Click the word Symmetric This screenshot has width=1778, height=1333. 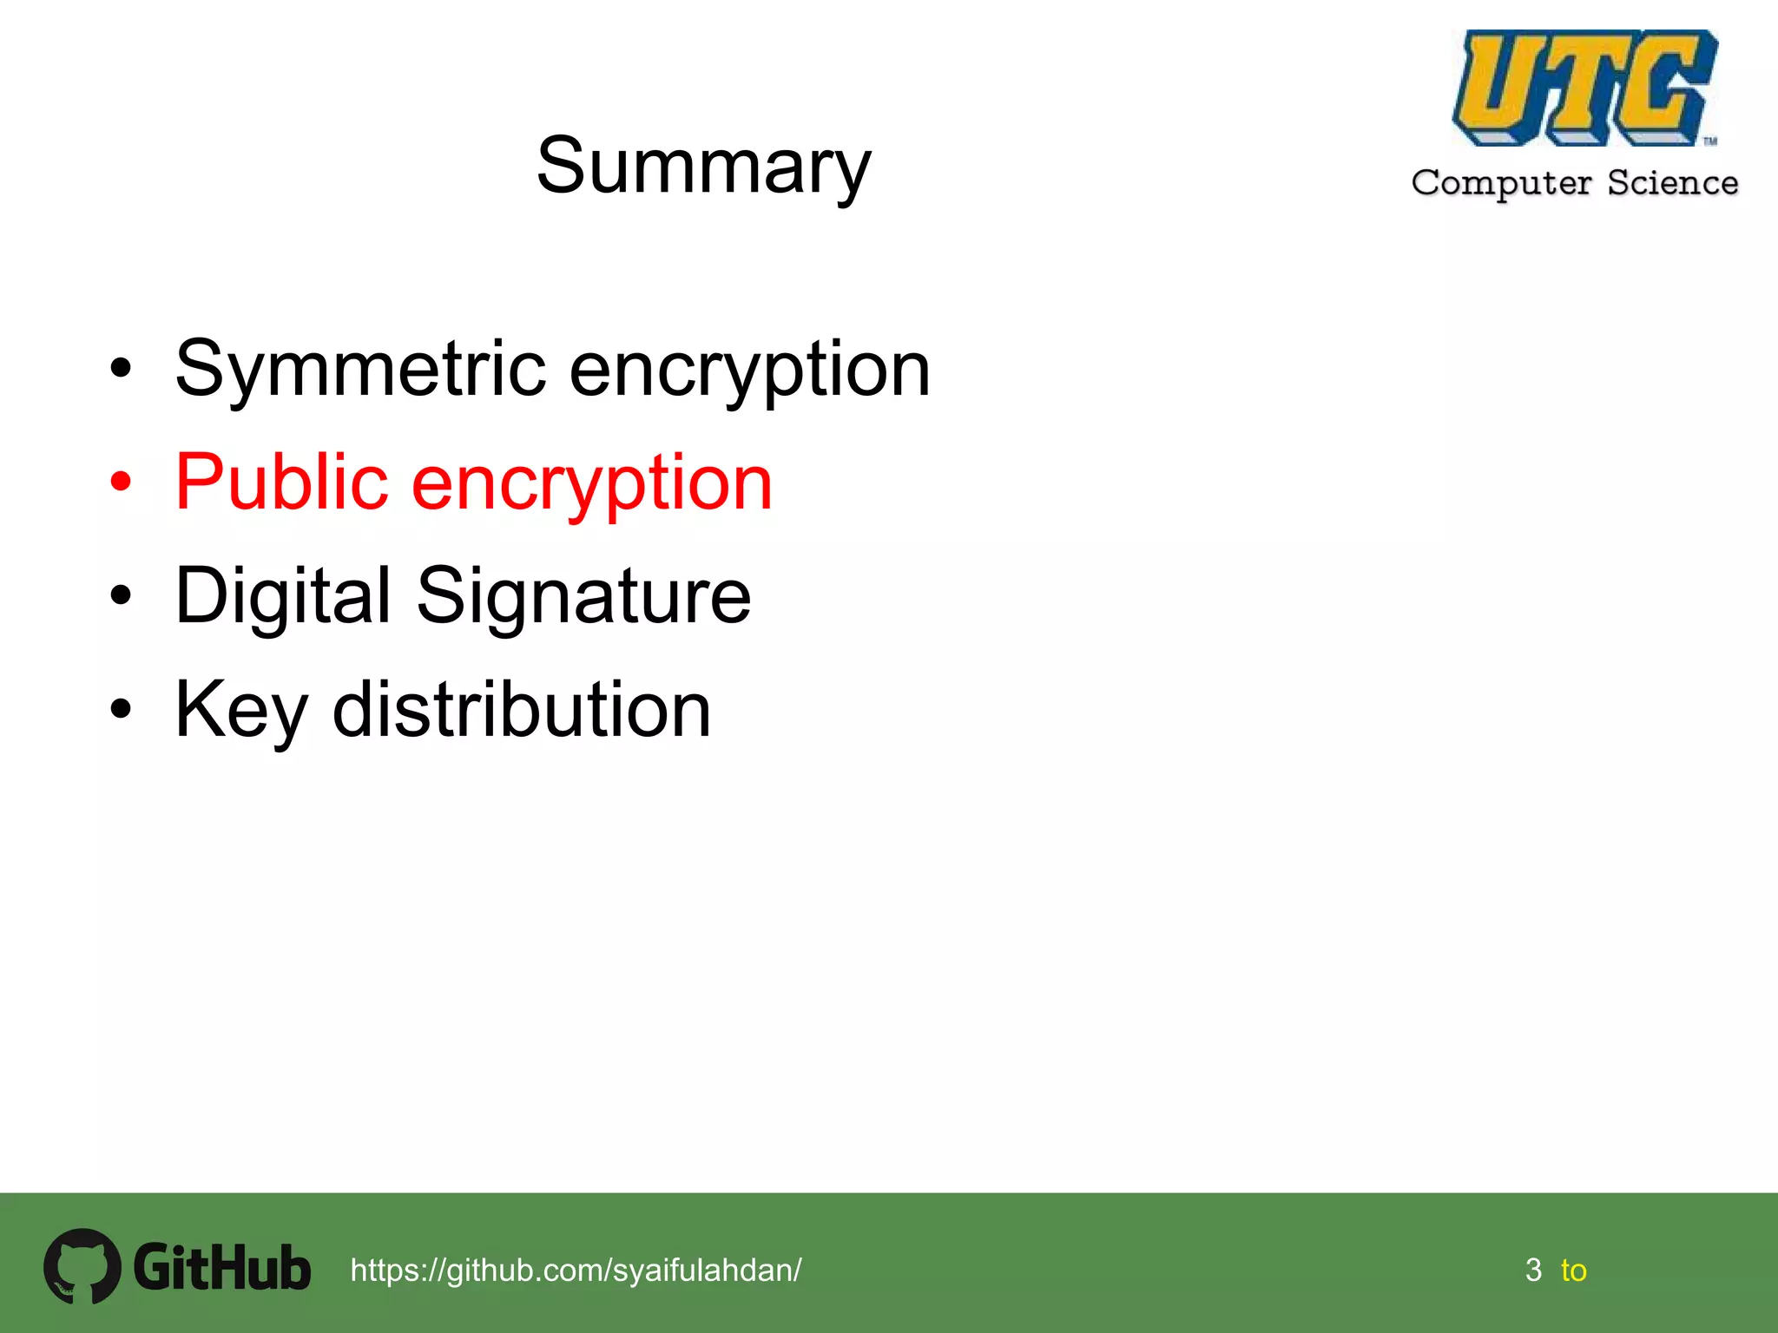click(x=360, y=370)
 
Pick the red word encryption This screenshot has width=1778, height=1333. click(x=591, y=484)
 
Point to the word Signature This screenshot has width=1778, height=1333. click(x=583, y=597)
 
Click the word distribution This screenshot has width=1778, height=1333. click(x=522, y=710)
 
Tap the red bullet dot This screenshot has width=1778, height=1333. click(x=121, y=482)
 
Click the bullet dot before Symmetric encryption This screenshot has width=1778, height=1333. click(x=121, y=368)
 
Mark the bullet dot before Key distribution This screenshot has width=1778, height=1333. click(x=121, y=709)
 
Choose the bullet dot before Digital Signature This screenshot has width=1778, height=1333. click(x=121, y=595)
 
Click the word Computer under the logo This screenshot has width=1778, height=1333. click(x=1501, y=183)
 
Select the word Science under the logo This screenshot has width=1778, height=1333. click(x=1672, y=183)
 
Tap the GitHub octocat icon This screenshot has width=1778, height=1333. click(x=82, y=1266)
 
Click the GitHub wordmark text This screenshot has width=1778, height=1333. click(x=222, y=1268)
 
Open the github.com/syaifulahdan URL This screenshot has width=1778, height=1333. click(x=576, y=1271)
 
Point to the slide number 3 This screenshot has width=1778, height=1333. click(x=1533, y=1271)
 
